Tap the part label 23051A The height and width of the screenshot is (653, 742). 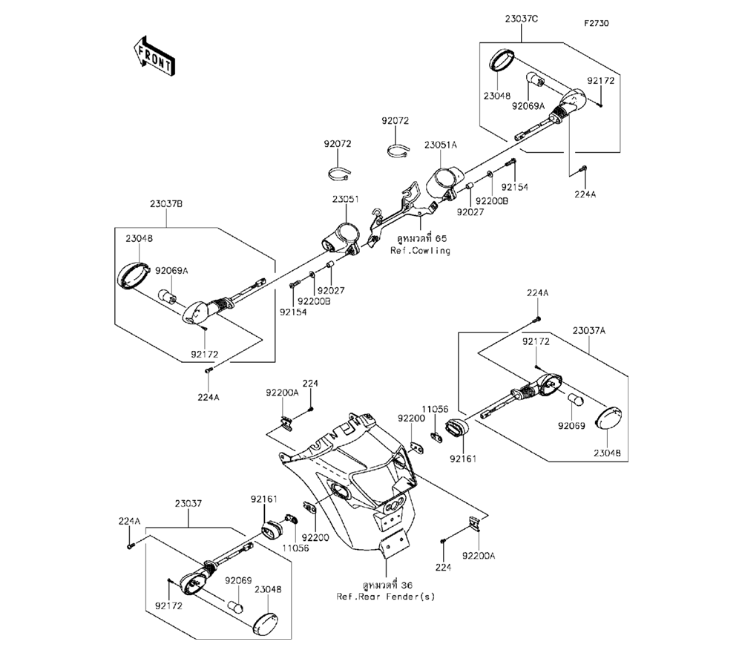441,145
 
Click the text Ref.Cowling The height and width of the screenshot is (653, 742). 420,251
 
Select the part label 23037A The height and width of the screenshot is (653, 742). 591,329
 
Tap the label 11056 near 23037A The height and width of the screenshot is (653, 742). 436,409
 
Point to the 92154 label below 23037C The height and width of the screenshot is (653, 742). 514,188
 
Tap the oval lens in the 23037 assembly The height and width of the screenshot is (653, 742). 265,620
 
